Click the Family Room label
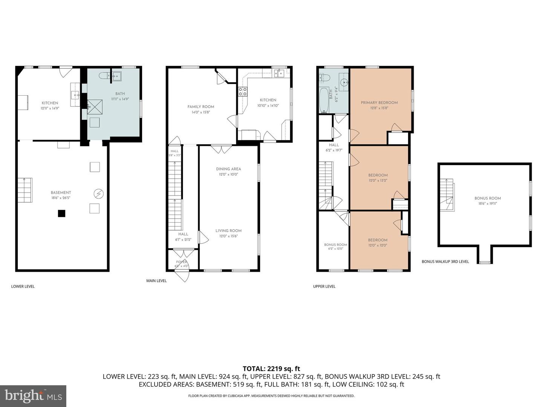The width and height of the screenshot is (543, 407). point(201,107)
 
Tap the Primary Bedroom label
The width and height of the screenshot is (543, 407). point(379,103)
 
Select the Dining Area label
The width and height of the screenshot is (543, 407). point(229,169)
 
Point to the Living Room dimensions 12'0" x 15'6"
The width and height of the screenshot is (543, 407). point(229,236)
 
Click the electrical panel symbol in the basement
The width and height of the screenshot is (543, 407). point(99,193)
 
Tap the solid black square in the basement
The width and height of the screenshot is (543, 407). point(61,214)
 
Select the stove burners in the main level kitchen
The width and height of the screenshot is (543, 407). point(242,92)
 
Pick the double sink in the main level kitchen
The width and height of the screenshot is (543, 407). point(280,73)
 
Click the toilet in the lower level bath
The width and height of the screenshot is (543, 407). point(105,76)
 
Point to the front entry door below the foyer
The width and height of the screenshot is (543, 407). point(182,276)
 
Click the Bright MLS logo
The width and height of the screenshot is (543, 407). point(33,396)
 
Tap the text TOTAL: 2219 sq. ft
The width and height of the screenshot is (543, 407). point(271,369)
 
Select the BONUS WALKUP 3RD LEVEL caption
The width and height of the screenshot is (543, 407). point(445,262)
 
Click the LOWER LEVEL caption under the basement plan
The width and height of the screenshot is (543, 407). point(23,286)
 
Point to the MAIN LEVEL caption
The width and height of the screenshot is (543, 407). point(156,281)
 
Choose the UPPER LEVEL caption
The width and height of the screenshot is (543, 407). point(324,286)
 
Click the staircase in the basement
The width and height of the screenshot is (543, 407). point(25,190)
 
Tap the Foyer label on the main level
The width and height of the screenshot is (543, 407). point(182,262)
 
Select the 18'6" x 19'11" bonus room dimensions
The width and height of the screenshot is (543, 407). point(488,203)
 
